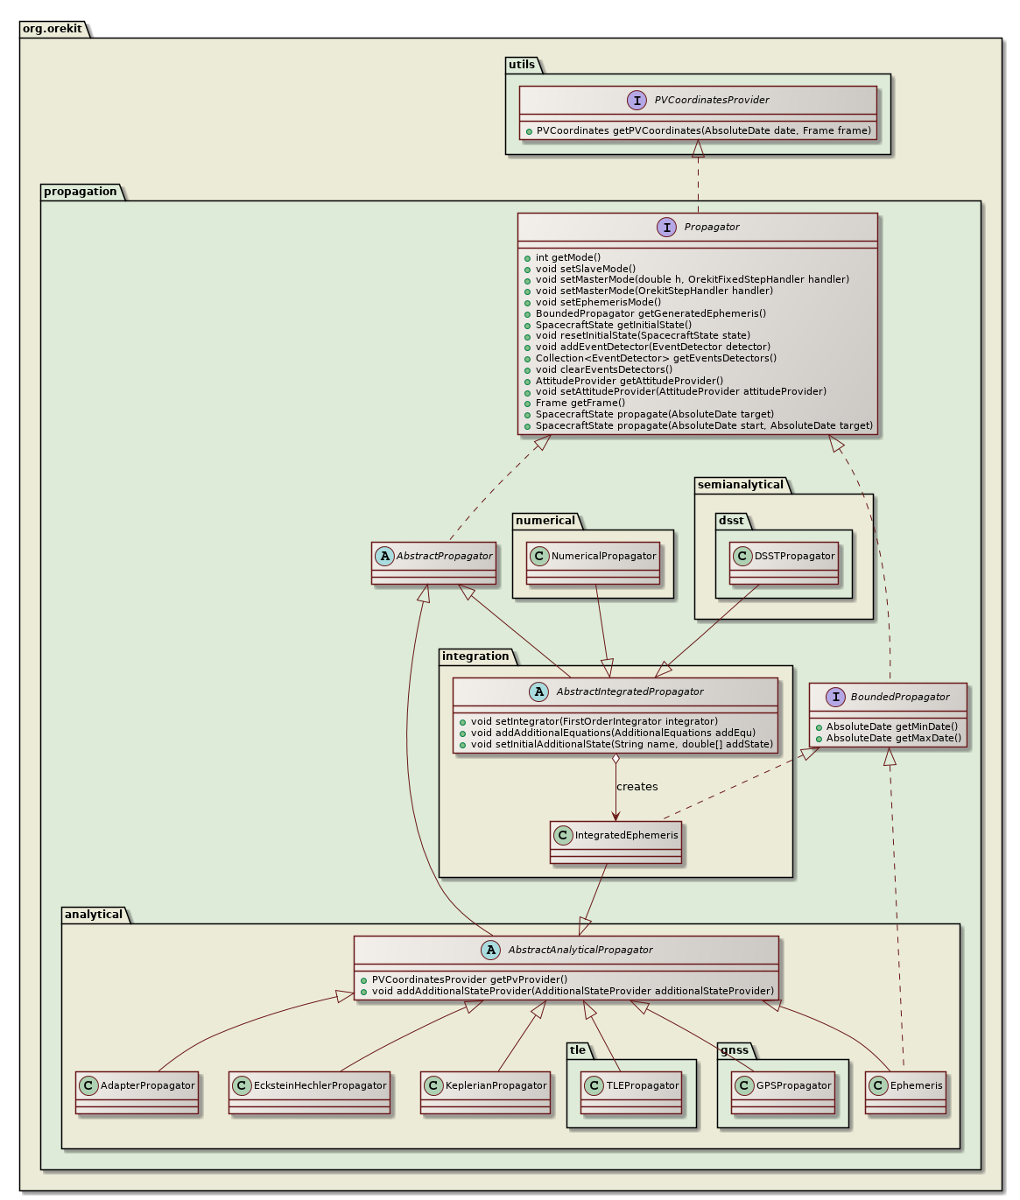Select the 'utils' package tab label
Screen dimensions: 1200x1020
pyautogui.click(x=522, y=65)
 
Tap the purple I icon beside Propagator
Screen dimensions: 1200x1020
pyautogui.click(x=667, y=228)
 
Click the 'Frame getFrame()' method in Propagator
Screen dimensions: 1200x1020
pyautogui.click(x=580, y=403)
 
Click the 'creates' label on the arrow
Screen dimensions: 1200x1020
pyautogui.click(x=637, y=787)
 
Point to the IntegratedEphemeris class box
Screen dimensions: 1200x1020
pyautogui.click(x=616, y=842)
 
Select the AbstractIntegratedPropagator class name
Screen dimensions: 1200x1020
pyautogui.click(x=628, y=691)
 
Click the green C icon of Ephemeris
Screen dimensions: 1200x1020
pyautogui.click(x=878, y=1085)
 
